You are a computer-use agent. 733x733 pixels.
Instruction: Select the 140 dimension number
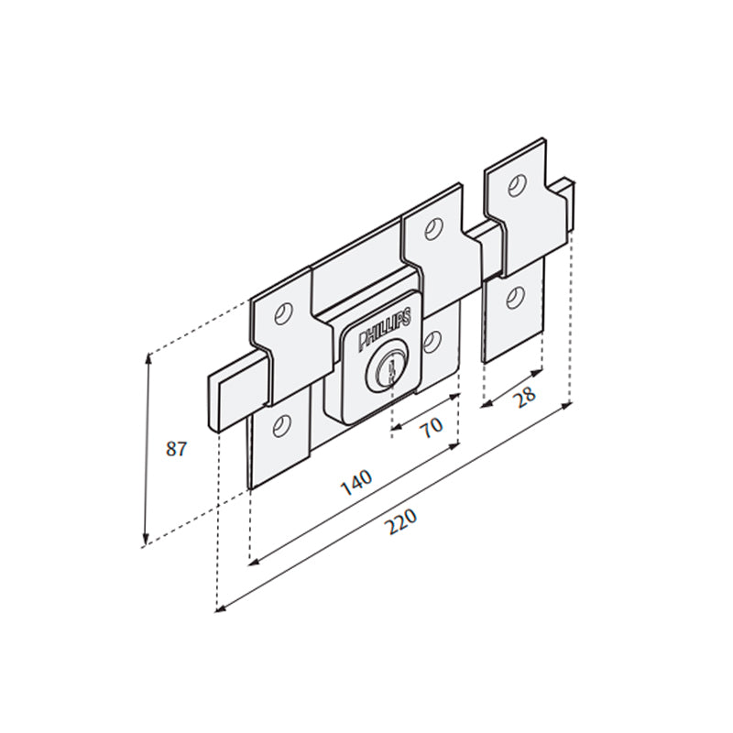click(356, 482)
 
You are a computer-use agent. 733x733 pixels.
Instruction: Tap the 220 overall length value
click(400, 522)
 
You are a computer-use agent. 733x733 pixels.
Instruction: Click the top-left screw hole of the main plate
click(285, 314)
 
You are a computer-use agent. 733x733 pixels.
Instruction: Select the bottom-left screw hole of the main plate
click(280, 424)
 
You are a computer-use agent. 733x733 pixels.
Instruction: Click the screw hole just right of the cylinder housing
click(432, 342)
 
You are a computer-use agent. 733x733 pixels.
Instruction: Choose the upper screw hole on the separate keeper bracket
click(519, 186)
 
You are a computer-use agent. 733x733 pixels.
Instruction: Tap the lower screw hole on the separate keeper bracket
click(515, 297)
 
